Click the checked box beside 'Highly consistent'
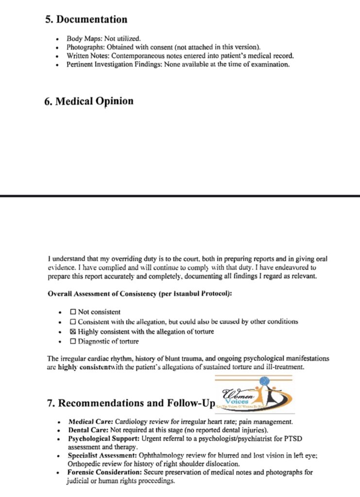click(x=73, y=332)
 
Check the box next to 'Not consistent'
click(x=73, y=312)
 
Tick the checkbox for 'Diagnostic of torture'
click(x=73, y=342)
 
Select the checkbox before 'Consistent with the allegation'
click(x=73, y=322)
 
